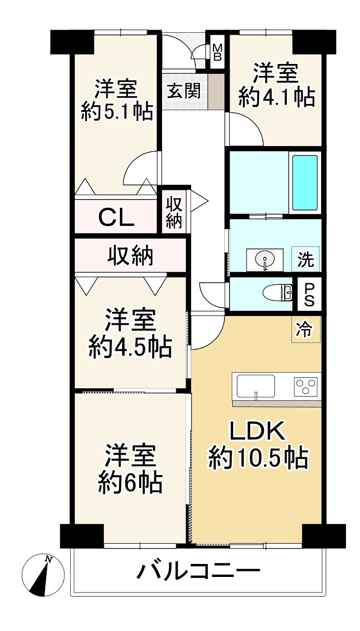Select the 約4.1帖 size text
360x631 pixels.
click(x=276, y=97)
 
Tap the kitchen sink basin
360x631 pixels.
click(x=256, y=386)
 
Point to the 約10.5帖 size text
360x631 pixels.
click(x=258, y=458)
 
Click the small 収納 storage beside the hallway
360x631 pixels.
click(x=174, y=213)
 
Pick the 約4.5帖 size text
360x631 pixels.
click(x=130, y=347)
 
